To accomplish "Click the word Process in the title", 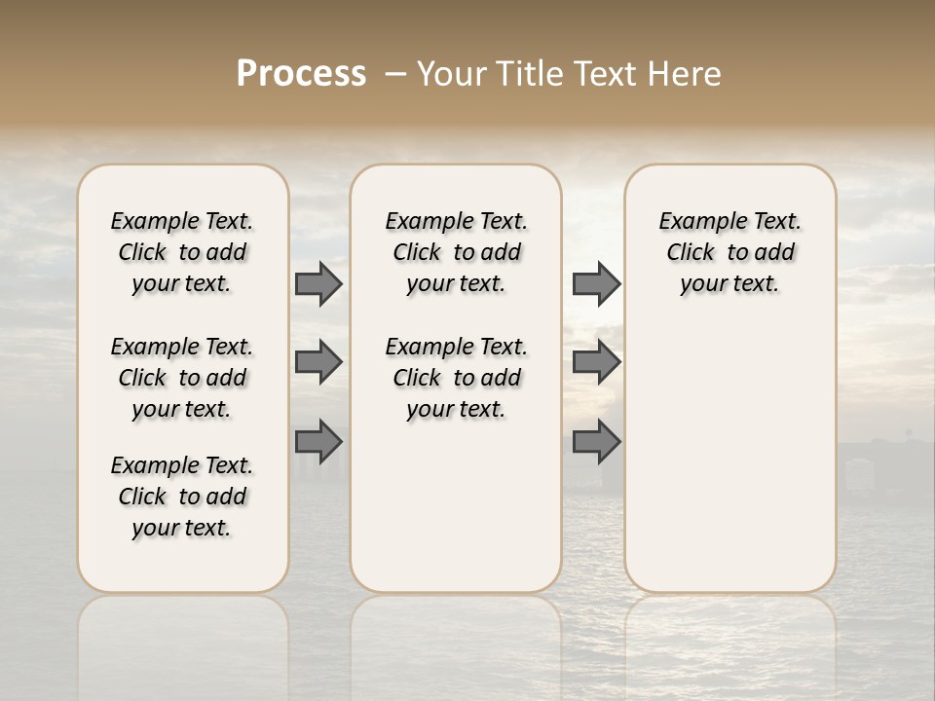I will pyautogui.click(x=301, y=74).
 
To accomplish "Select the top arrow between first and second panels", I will pyautogui.click(x=318, y=283).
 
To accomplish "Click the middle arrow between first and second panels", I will pyautogui.click(x=318, y=362).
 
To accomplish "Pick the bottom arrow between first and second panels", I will pyautogui.click(x=318, y=441).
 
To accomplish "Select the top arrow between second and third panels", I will pyautogui.click(x=596, y=283).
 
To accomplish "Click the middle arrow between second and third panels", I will pyautogui.click(x=596, y=362).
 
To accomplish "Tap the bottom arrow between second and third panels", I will pyautogui.click(x=596, y=441).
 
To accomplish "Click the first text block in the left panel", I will pyautogui.click(x=182, y=252).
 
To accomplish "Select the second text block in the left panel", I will pyautogui.click(x=182, y=378).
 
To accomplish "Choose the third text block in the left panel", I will pyautogui.click(x=182, y=497).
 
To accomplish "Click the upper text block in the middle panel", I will pyautogui.click(x=456, y=252).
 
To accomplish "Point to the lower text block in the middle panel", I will pyautogui.click(x=456, y=378).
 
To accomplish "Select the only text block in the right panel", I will pyautogui.click(x=729, y=252).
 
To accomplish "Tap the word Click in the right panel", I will pyautogui.click(x=691, y=252).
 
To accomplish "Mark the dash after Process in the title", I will pyautogui.click(x=395, y=74).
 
